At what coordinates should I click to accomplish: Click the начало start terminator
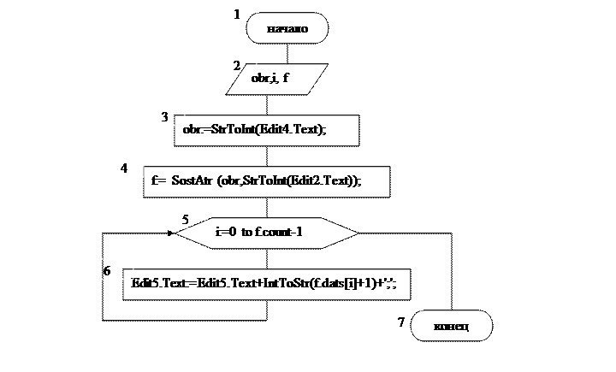pyautogui.click(x=287, y=29)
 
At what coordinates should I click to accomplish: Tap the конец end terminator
pyautogui.click(x=451, y=326)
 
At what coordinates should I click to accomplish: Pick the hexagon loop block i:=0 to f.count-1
pyautogui.click(x=270, y=232)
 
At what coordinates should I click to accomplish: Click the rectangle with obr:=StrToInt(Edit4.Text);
pyautogui.click(x=265, y=130)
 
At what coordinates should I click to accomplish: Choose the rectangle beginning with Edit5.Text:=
pyautogui.click(x=266, y=283)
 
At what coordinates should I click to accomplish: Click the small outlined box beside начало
pyautogui.click(x=240, y=11)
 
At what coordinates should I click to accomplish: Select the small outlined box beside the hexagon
pyautogui.click(x=189, y=216)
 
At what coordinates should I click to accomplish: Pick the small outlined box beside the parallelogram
pyautogui.click(x=240, y=63)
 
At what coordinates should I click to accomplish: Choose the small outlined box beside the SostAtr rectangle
pyautogui.click(x=127, y=166)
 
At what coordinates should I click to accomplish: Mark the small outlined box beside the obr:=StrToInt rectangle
pyautogui.click(x=169, y=115)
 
